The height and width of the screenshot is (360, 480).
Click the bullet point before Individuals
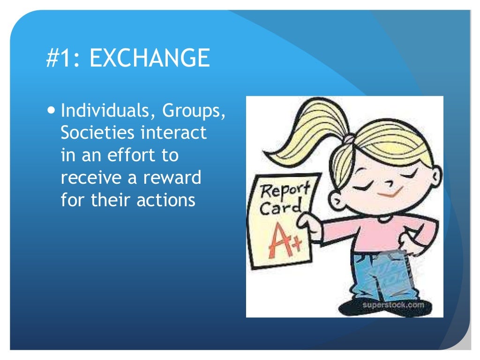pyautogui.click(x=52, y=112)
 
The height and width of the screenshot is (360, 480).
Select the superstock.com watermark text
pyautogui.click(x=392, y=306)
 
